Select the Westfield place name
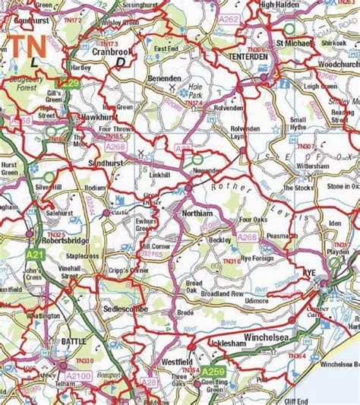[x=180, y=362]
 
